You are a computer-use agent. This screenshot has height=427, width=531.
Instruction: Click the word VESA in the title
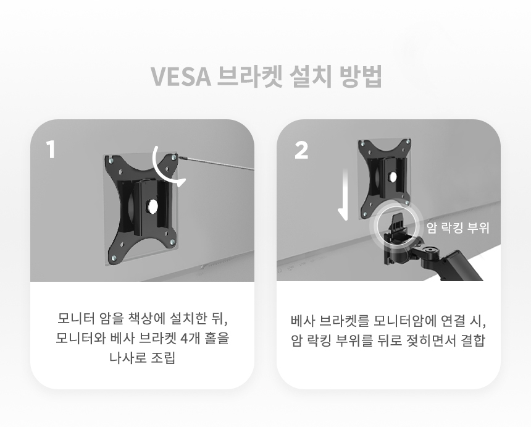[x=180, y=76]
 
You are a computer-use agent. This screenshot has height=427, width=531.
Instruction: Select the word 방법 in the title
[x=361, y=76]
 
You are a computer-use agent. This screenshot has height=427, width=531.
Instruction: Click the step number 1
[x=51, y=150]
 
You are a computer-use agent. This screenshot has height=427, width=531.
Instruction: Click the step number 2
[x=301, y=150]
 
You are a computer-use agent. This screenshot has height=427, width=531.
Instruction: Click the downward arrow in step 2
[x=344, y=195]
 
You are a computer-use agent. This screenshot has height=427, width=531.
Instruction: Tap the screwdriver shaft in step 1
[x=217, y=163]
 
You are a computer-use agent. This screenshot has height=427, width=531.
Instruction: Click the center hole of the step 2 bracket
[x=393, y=177]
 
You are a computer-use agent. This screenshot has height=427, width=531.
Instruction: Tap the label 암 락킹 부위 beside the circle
[x=458, y=227]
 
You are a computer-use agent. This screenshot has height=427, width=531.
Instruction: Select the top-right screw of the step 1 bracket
[x=174, y=157]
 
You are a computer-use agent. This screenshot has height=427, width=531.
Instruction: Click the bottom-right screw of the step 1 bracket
[x=172, y=242]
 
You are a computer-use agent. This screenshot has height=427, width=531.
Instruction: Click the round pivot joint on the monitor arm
[x=431, y=252]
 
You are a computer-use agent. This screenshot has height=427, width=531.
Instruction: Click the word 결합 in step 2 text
[x=473, y=340]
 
